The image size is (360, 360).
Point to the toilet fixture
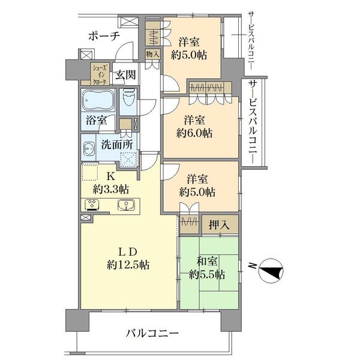[x=128, y=98]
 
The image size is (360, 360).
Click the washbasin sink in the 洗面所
[x=88, y=148]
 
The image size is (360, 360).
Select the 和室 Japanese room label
[x=206, y=261]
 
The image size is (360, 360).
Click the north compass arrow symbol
[x=272, y=271]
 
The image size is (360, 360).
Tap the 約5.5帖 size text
[x=206, y=275]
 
